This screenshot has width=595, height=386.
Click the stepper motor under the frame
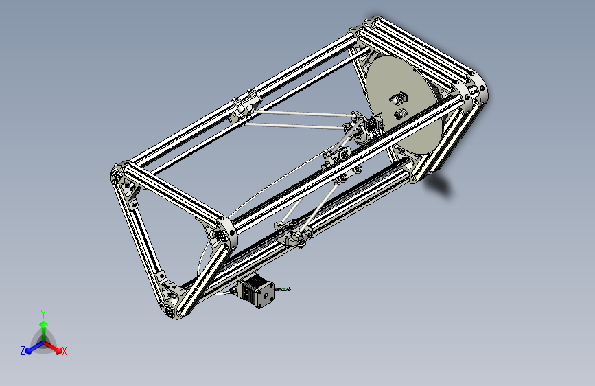(258, 291)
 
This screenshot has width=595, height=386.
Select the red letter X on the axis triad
(65, 351)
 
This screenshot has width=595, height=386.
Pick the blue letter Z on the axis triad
(23, 350)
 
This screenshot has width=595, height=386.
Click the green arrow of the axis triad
(43, 327)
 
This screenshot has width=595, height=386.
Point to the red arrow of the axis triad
(56, 348)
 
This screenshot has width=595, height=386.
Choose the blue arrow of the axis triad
(31, 348)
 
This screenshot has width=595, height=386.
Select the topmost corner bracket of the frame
(375, 24)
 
